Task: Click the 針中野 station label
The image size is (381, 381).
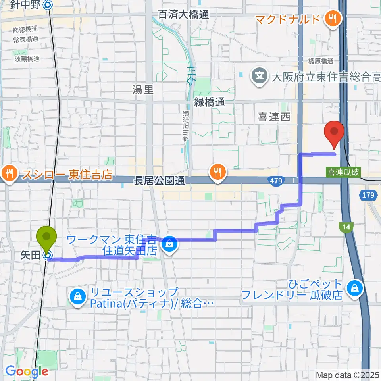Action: (26, 5)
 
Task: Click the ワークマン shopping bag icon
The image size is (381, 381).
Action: (169, 244)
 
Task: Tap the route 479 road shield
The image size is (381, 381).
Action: (277, 181)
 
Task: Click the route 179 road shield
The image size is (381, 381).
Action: (367, 195)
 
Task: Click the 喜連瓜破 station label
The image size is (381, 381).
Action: (343, 173)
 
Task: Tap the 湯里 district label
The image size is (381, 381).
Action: (142, 90)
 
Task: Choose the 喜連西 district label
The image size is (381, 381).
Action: (274, 117)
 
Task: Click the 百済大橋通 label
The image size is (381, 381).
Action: (183, 15)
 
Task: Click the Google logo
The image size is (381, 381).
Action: (27, 371)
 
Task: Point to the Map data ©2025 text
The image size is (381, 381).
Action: (346, 375)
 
